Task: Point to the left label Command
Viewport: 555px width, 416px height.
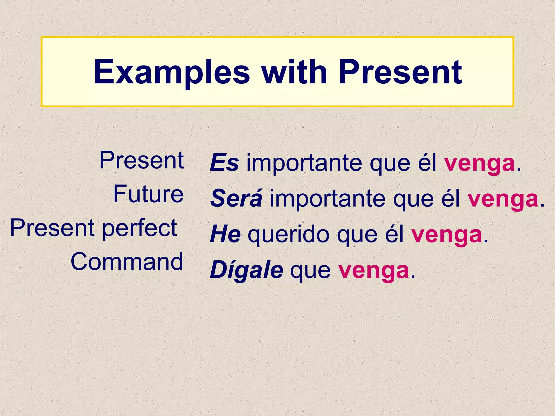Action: click(127, 262)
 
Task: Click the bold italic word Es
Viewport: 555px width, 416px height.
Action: click(224, 163)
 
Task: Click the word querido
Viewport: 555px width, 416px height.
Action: click(289, 235)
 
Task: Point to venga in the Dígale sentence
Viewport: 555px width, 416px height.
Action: click(374, 271)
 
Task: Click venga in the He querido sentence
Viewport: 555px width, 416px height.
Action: click(447, 235)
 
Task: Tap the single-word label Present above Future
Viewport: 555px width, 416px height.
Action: click(142, 160)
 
